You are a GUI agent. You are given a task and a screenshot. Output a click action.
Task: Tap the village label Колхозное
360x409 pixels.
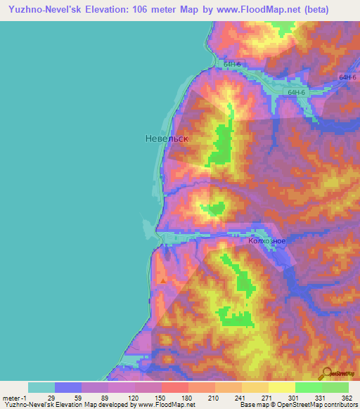pyautogui.click(x=266, y=241)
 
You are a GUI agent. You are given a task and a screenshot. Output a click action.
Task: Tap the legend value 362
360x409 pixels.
pyautogui.click(x=347, y=398)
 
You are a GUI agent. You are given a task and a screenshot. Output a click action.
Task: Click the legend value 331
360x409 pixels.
pyautogui.click(x=321, y=398)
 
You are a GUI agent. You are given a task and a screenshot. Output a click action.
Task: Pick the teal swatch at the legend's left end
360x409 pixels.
pyautogui.click(x=41, y=387)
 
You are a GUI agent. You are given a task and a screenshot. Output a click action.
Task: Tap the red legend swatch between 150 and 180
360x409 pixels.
pyautogui.click(x=174, y=387)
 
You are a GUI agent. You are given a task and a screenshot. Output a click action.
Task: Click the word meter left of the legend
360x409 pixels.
pyautogui.click(x=10, y=398)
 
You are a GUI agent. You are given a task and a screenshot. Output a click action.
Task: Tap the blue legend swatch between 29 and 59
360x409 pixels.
pyautogui.click(x=68, y=387)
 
